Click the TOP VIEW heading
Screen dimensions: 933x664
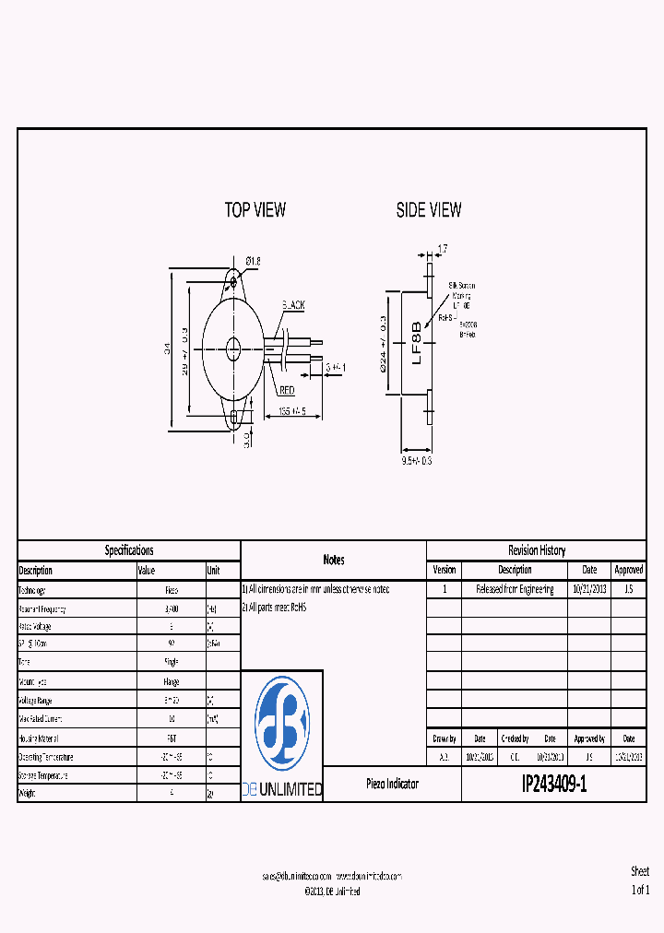click(x=255, y=210)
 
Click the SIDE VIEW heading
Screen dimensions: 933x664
click(x=429, y=210)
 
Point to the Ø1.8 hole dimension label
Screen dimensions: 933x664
click(x=254, y=262)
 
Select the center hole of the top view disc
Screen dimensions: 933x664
click(x=233, y=348)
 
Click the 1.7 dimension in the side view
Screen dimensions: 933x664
click(x=442, y=249)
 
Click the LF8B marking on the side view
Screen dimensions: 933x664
click(x=416, y=343)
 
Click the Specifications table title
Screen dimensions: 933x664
click(x=129, y=550)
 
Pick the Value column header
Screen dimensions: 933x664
click(x=147, y=571)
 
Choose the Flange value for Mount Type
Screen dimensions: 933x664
click(x=171, y=681)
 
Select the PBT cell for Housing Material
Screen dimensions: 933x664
click(x=171, y=738)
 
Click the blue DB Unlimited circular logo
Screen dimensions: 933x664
click(x=282, y=723)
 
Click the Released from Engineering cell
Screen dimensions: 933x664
click(x=515, y=590)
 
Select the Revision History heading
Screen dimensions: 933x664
click(x=537, y=550)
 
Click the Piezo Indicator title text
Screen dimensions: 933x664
click(x=392, y=785)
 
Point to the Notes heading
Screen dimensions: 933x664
click(x=333, y=560)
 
